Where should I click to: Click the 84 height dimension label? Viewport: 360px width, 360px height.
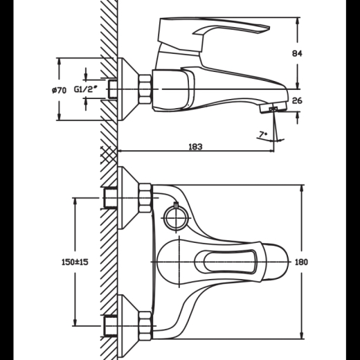tap(297, 53)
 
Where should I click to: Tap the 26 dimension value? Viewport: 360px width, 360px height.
tap(297, 101)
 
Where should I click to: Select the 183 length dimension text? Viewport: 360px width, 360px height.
tap(195, 147)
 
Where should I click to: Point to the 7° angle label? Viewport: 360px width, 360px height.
tap(263, 134)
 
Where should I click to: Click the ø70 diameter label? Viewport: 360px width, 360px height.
tap(59, 90)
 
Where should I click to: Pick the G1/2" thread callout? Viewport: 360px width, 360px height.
tap(84, 89)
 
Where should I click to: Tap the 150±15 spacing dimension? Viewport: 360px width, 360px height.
tap(75, 262)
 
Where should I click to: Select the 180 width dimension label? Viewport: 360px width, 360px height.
tap(302, 262)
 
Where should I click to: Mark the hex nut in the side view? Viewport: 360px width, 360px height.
tap(145, 89)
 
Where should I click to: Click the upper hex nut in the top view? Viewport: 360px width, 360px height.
tap(145, 198)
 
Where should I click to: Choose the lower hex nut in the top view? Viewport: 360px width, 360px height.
tap(145, 326)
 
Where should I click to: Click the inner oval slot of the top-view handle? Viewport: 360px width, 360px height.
tap(231, 262)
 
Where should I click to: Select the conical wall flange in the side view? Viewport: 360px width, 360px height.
tap(128, 89)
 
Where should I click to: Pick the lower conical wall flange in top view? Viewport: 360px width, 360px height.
tap(128, 326)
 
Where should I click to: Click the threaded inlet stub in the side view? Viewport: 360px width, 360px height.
tap(113, 89)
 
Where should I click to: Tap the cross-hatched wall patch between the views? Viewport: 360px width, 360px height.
tap(109, 154)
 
